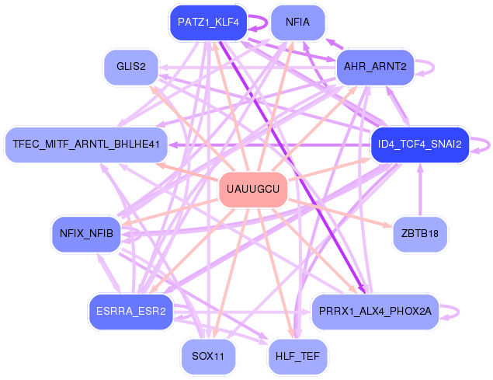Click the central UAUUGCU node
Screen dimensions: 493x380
[x=254, y=190]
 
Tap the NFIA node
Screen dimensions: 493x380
[x=297, y=22]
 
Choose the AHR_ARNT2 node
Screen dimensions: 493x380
[x=375, y=66]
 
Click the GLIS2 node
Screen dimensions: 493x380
[x=131, y=66]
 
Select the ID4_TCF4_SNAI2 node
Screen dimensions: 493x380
[x=420, y=145]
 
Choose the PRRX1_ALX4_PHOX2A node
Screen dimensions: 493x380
[x=375, y=312]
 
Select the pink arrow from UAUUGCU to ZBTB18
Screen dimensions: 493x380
[x=342, y=211]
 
